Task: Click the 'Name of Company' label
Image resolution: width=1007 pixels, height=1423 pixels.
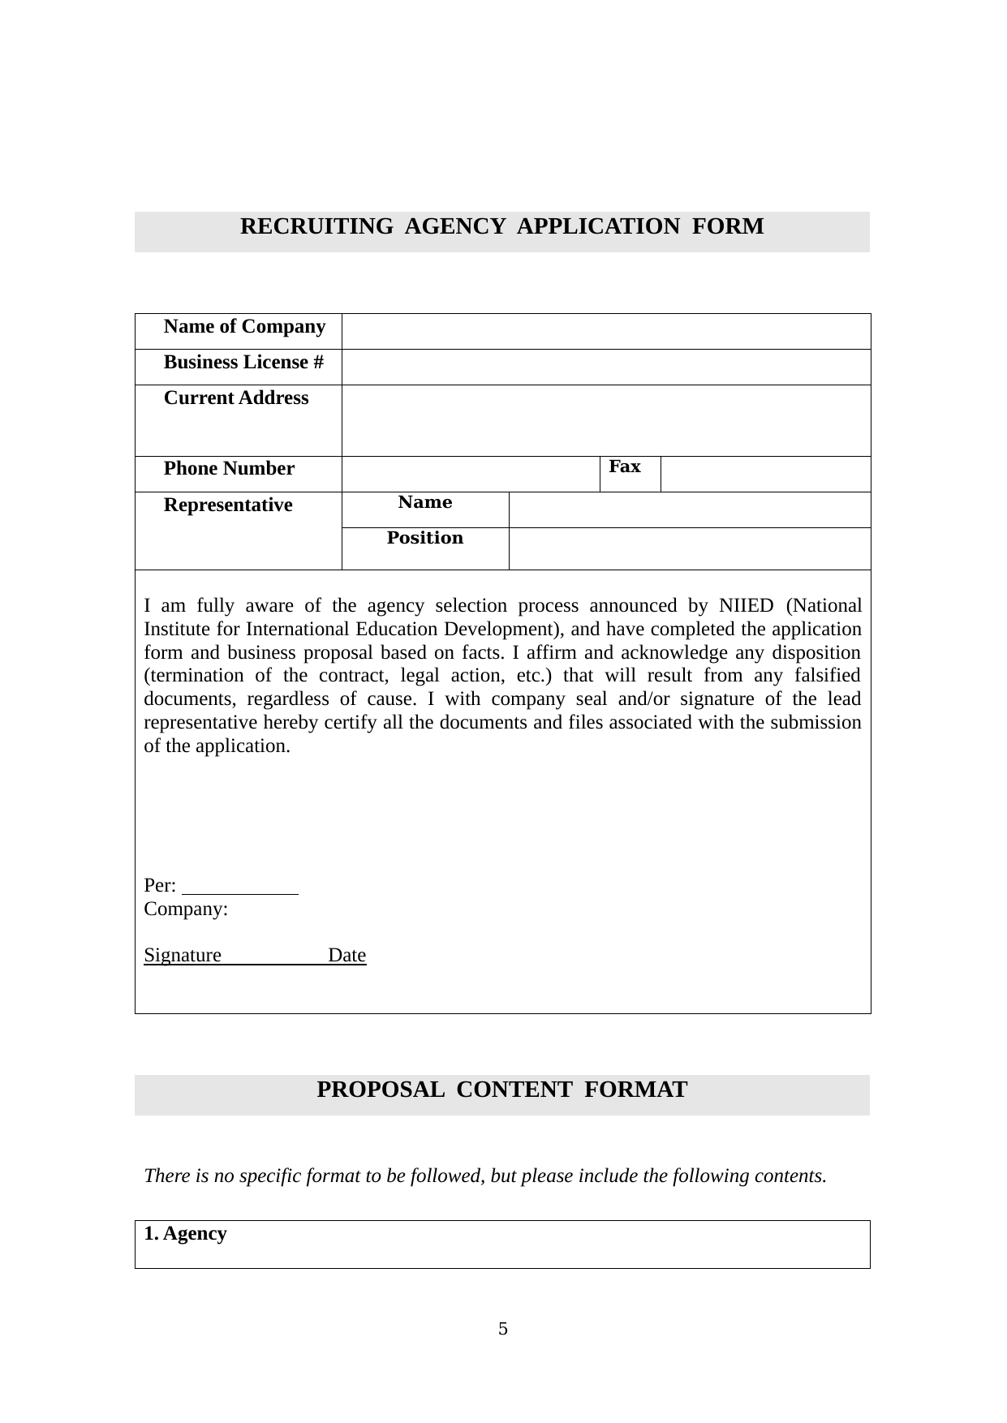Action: click(244, 327)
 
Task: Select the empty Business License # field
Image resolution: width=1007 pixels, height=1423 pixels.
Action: click(605, 367)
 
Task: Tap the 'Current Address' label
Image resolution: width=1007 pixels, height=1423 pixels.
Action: click(236, 398)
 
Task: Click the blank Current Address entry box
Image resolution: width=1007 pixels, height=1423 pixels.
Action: click(605, 420)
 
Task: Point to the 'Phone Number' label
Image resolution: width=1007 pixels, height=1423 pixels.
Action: click(229, 469)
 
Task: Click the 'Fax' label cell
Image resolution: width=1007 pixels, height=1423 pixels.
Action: click(625, 467)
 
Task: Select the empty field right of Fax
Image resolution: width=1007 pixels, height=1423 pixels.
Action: click(765, 474)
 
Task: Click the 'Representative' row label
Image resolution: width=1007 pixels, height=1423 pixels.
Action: click(228, 505)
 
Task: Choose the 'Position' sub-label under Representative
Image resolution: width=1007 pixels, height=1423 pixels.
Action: click(425, 539)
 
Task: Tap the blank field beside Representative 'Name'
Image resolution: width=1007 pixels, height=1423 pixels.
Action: click(689, 509)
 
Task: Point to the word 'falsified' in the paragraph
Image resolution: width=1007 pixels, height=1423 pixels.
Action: click(825, 676)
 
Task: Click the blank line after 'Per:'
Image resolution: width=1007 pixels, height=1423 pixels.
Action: click(241, 886)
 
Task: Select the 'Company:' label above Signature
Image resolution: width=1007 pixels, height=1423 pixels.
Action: click(186, 909)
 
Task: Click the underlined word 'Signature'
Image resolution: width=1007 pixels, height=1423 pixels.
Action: click(183, 956)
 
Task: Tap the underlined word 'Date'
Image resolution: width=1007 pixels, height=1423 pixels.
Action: click(347, 956)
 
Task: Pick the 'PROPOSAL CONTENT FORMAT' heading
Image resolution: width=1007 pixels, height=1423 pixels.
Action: click(501, 1090)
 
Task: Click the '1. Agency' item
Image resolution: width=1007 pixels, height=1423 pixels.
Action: click(186, 1234)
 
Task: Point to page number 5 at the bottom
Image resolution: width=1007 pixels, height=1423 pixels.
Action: click(503, 1330)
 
